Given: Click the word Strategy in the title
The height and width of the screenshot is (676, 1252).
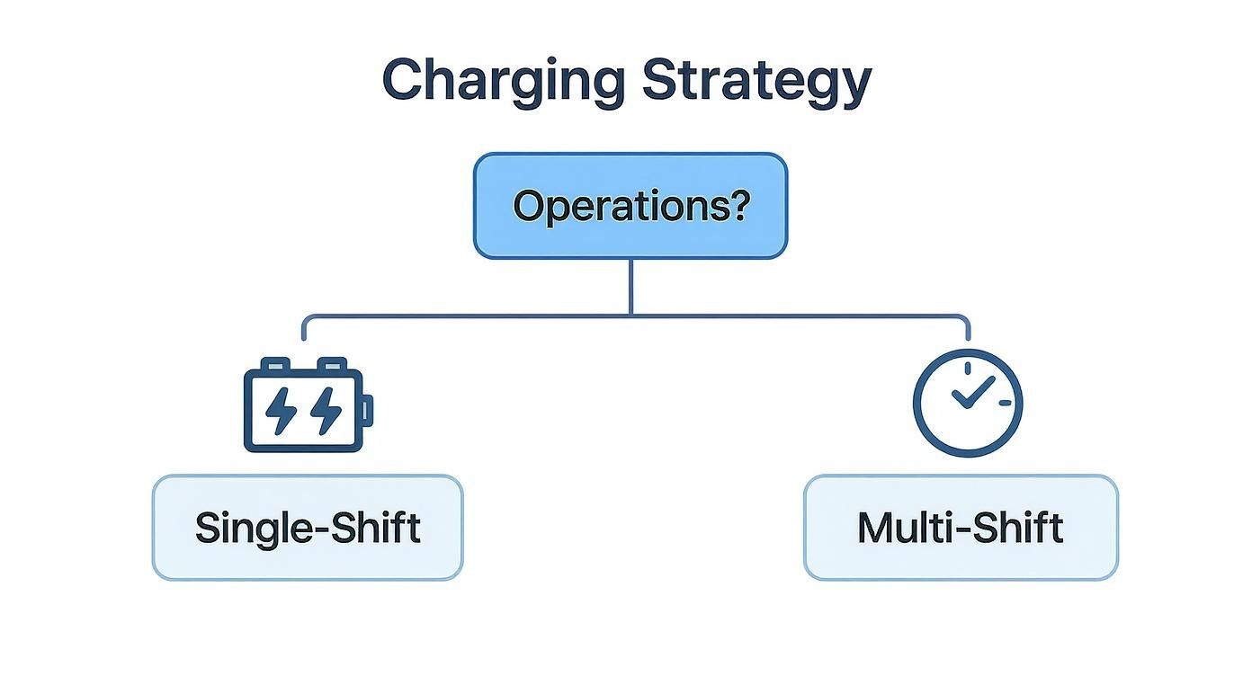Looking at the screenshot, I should (756, 81).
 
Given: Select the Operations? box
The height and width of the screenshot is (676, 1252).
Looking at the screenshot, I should (630, 206).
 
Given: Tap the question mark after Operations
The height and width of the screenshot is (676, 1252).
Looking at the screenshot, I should (738, 206).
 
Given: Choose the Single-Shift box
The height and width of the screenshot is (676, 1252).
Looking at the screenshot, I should (307, 528).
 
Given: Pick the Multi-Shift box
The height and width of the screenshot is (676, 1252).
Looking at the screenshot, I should (960, 528).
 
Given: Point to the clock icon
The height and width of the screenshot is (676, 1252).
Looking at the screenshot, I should (967, 403).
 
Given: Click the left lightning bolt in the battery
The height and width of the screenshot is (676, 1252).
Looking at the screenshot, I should (281, 412).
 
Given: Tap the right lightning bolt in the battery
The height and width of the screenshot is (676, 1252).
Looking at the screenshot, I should (326, 412).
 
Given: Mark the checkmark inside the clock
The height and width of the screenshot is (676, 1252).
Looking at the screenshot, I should (972, 392).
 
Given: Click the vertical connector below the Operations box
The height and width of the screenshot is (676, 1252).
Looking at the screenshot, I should (630, 286).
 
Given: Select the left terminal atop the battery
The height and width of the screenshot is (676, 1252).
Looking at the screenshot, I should (276, 363).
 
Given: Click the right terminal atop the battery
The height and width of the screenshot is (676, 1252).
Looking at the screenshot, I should (331, 363).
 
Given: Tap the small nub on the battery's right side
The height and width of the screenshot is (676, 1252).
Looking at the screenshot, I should (368, 412).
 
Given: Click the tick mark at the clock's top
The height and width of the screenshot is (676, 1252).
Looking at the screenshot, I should (968, 369).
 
